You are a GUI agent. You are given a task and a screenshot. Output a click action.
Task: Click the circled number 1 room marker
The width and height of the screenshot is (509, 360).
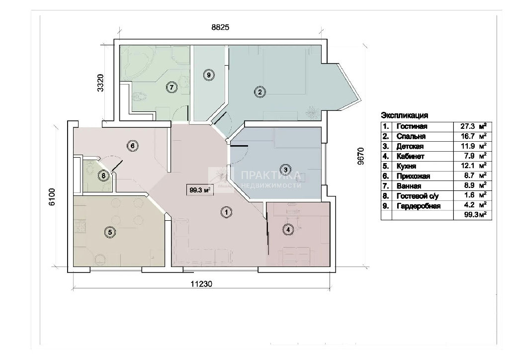pyautogui.click(x=227, y=212)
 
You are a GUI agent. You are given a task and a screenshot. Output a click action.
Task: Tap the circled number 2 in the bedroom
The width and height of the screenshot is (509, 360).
pyautogui.click(x=259, y=92)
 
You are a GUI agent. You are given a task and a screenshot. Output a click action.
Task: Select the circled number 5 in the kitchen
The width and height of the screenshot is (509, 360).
pyautogui.click(x=110, y=232)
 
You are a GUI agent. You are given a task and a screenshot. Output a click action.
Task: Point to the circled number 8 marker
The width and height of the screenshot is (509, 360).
pyautogui.click(x=103, y=176)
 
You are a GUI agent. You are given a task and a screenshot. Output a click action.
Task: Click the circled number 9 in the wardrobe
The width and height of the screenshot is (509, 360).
pyautogui.click(x=209, y=75)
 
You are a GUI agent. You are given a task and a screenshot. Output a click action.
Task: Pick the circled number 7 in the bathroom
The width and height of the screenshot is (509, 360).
pyautogui.click(x=171, y=87)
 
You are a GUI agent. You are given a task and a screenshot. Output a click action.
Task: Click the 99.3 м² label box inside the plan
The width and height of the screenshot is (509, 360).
pyautogui.click(x=200, y=190)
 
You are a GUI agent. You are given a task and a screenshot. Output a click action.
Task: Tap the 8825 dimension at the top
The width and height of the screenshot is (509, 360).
pyautogui.click(x=220, y=27)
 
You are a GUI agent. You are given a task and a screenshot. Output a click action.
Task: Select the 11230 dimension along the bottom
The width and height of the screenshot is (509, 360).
pyautogui.click(x=201, y=284)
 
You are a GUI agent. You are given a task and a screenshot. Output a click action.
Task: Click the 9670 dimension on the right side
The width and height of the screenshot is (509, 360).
pyautogui.click(x=361, y=156)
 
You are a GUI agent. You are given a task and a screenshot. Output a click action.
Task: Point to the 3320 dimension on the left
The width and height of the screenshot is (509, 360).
pyautogui.click(x=100, y=83)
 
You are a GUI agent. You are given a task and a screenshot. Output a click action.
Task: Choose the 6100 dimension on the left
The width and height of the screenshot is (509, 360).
pyautogui.click(x=52, y=197)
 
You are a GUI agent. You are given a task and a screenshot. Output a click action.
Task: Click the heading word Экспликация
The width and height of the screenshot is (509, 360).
pyautogui.click(x=405, y=115)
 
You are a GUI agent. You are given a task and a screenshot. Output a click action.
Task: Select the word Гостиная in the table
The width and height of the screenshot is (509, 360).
pyautogui.click(x=412, y=126)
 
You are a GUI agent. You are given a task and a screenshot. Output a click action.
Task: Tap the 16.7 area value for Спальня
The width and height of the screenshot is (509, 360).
pyautogui.click(x=468, y=136)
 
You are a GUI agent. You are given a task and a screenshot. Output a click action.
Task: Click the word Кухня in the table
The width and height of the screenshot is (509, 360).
pyautogui.click(x=406, y=166)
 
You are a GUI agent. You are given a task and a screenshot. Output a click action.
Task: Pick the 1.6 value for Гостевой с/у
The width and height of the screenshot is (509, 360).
pyautogui.click(x=470, y=195)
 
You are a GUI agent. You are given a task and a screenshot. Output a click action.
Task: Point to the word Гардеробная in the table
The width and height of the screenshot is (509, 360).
pyautogui.click(x=419, y=206)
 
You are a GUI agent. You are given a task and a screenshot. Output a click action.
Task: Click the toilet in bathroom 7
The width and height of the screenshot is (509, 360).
pyautogui.click(x=139, y=96)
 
